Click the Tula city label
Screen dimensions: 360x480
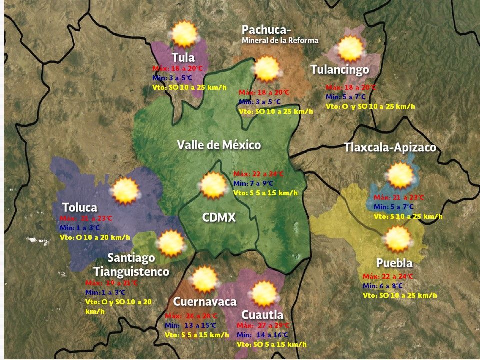point(183,56)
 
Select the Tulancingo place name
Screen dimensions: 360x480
point(340,69)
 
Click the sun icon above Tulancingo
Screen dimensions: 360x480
point(350,49)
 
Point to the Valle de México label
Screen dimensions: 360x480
point(219,145)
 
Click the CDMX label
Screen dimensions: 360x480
point(219,218)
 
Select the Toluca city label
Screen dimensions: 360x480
point(80,207)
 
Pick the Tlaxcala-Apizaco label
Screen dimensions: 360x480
point(390,148)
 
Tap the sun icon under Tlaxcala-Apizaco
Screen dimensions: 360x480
point(400,175)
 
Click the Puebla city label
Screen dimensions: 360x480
point(394,263)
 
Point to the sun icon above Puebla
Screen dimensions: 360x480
point(398,239)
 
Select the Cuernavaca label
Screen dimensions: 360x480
point(205,302)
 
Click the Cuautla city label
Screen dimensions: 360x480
point(262,315)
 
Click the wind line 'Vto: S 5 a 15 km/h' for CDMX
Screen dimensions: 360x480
point(265,193)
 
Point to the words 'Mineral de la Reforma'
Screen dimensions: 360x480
point(280,40)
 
